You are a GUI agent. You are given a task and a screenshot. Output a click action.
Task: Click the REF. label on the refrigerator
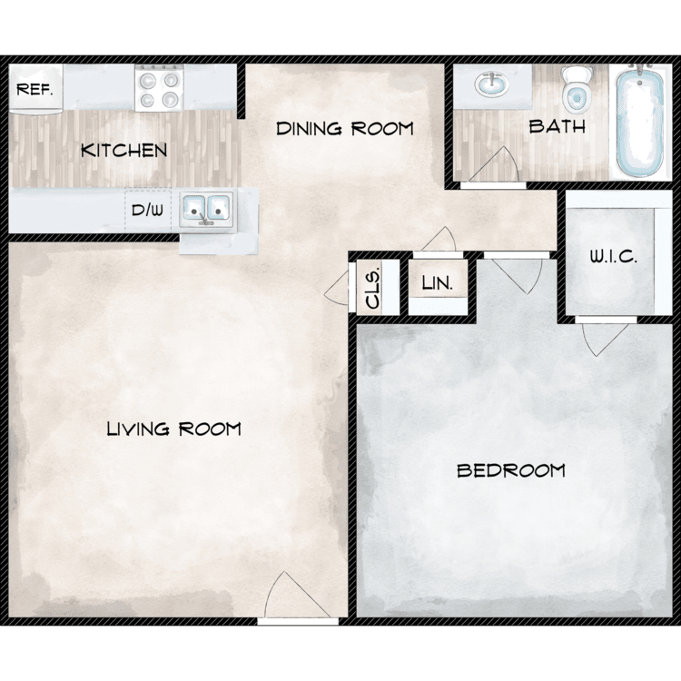pos(35,90)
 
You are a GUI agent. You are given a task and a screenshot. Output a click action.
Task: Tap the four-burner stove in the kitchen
pos(159,88)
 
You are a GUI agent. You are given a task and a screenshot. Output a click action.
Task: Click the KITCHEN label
pos(123,150)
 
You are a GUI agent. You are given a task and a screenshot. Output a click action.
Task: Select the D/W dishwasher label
pos(147,211)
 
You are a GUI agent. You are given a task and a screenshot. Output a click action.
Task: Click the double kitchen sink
pos(206,211)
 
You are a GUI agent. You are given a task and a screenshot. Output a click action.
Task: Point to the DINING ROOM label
pos(345,129)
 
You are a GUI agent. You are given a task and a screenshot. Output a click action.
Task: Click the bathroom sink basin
pos(491,84)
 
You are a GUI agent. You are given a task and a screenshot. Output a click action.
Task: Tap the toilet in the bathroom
pos(577,90)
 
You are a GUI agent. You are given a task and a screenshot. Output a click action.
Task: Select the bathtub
pos(640,120)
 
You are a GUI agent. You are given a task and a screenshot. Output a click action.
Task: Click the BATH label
pos(558,126)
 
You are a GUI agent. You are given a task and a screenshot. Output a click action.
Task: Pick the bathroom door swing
pos(494,164)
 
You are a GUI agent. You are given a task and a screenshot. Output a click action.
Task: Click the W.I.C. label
pos(613,257)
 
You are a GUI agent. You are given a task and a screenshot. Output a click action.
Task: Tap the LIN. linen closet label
pos(438,283)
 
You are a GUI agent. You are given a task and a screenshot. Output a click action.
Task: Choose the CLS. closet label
pos(372,289)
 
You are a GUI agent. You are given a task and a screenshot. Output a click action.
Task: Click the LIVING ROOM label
pos(173,429)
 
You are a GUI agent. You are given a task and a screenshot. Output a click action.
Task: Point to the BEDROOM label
pos(511,470)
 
